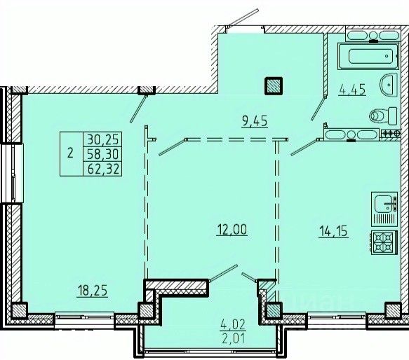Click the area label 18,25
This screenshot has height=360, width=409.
pyautogui.click(x=93, y=291)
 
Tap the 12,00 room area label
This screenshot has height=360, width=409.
pyautogui.click(x=232, y=230)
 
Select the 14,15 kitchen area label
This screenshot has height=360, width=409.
pyautogui.click(x=333, y=231)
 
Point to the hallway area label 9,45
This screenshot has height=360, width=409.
pyautogui.click(x=255, y=121)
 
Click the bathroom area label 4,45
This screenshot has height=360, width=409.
pyautogui.click(x=352, y=90)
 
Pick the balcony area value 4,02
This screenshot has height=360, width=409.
pyautogui.click(x=233, y=324)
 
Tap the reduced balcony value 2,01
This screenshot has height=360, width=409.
pyautogui.click(x=234, y=339)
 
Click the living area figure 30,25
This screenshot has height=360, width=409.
pyautogui.click(x=103, y=139)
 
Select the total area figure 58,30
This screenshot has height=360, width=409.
pyautogui.click(x=103, y=153)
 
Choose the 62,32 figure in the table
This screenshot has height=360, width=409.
pyautogui.click(x=104, y=169)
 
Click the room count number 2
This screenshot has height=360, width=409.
pyautogui.click(x=70, y=153)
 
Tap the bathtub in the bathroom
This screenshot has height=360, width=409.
pyautogui.click(x=368, y=56)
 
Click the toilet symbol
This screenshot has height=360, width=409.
pyautogui.click(x=383, y=116)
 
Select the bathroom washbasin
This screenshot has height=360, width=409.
pyautogui.click(x=389, y=85)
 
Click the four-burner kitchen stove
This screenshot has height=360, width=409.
pyautogui.click(x=384, y=242)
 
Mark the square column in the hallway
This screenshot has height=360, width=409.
pyautogui.click(x=274, y=85)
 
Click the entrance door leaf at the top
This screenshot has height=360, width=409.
pyautogui.click(x=243, y=18)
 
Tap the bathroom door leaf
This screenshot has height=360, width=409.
pyautogui.click(x=319, y=108)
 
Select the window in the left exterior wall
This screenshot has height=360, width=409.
pyautogui.click(x=12, y=173)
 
